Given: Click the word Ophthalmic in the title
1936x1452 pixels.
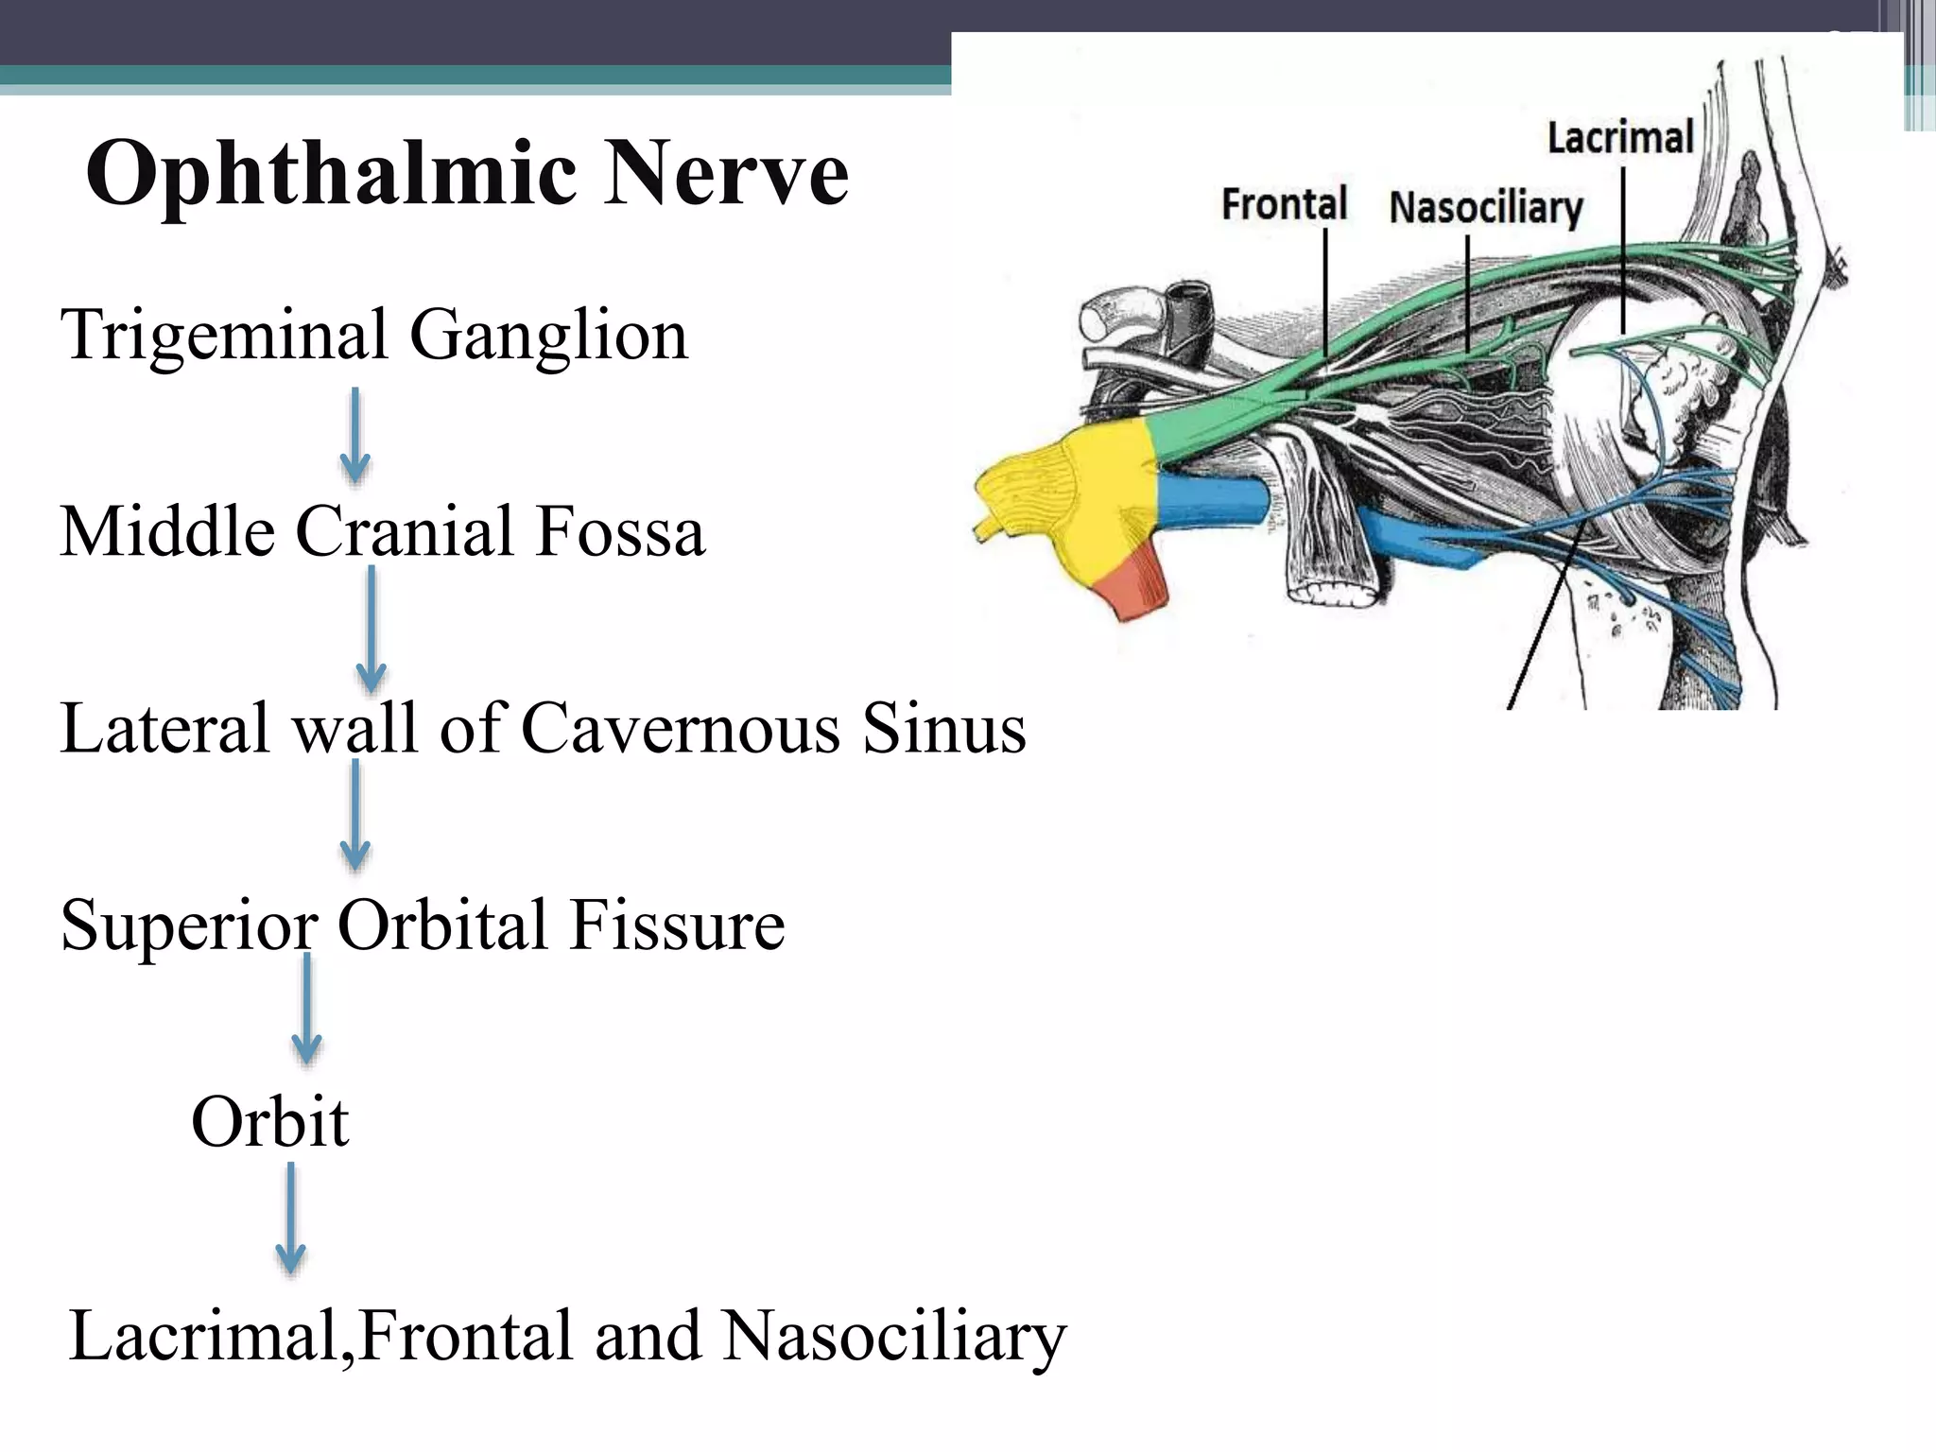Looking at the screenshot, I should click(331, 175).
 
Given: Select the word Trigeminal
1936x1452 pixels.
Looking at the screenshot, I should click(224, 336).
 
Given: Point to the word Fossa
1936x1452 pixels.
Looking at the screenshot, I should click(620, 531).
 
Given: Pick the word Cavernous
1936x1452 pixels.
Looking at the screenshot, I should click(681, 729).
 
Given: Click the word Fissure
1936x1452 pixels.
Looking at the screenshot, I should click(677, 925).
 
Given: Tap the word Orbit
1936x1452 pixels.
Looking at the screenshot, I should click(270, 1122).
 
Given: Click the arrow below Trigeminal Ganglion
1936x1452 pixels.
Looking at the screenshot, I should click(354, 436).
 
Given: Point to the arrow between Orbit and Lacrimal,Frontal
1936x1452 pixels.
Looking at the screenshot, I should click(290, 1219).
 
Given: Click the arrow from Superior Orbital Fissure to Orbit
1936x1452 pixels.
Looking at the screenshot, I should click(306, 1010).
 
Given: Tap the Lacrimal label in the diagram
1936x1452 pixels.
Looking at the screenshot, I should click(1619, 138).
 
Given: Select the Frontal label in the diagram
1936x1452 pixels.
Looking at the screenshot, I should click(1284, 204).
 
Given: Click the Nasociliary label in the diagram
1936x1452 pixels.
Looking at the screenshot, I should click(1485, 208).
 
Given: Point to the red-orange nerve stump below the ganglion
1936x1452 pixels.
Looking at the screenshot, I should click(1134, 586).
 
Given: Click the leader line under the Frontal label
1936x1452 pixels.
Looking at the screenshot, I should click(1325, 293).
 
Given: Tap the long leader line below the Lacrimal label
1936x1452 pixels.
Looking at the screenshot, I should click(1623, 251).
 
